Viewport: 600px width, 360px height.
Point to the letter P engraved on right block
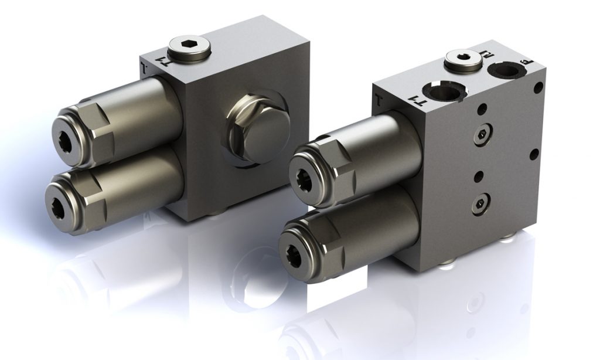coord(523,60)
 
